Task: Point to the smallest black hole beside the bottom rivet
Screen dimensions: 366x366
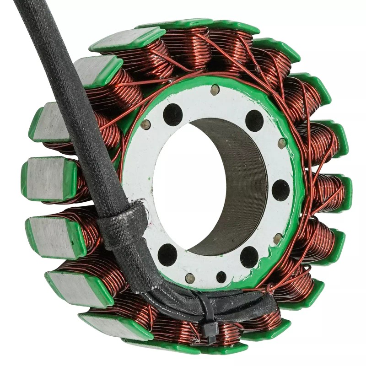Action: pyautogui.click(x=221, y=277)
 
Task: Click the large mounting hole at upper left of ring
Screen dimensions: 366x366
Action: pyautogui.click(x=172, y=114)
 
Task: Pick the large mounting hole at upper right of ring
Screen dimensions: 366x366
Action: pyautogui.click(x=254, y=120)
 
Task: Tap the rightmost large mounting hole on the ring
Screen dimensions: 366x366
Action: pyautogui.click(x=280, y=190)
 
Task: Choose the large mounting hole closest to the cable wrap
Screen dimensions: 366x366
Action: pyautogui.click(x=167, y=254)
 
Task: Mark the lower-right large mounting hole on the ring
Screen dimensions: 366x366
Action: pyautogui.click(x=249, y=257)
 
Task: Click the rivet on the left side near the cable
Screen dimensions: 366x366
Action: pyautogui.click(x=145, y=124)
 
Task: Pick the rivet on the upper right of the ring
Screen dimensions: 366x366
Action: pyautogui.click(x=282, y=143)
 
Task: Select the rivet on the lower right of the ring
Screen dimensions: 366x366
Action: pyautogui.click(x=277, y=238)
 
